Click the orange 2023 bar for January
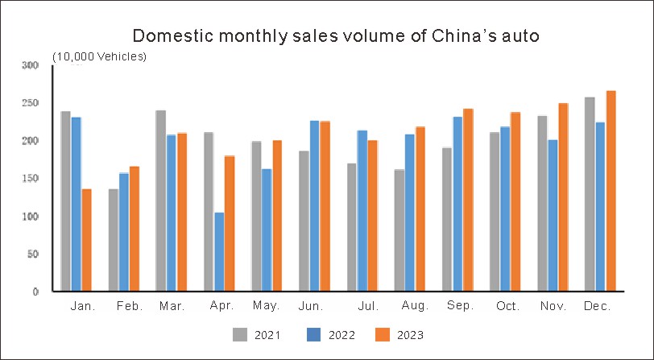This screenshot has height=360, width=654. point(87,240)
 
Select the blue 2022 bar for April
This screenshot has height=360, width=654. point(219,251)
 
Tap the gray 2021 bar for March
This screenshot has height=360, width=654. point(161,201)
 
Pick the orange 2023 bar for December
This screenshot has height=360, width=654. point(611,191)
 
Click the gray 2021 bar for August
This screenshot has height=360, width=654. point(399,230)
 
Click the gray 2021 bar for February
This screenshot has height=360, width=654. point(114,240)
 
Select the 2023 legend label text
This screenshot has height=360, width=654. point(410,335)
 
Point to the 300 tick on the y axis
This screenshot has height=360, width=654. point(30,65)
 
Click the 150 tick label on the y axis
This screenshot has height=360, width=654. point(30,179)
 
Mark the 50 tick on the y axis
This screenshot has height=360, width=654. point(32,254)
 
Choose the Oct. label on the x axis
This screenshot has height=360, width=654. point(509,307)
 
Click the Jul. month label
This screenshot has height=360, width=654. point(369,307)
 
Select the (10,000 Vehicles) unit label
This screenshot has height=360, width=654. point(100,56)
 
